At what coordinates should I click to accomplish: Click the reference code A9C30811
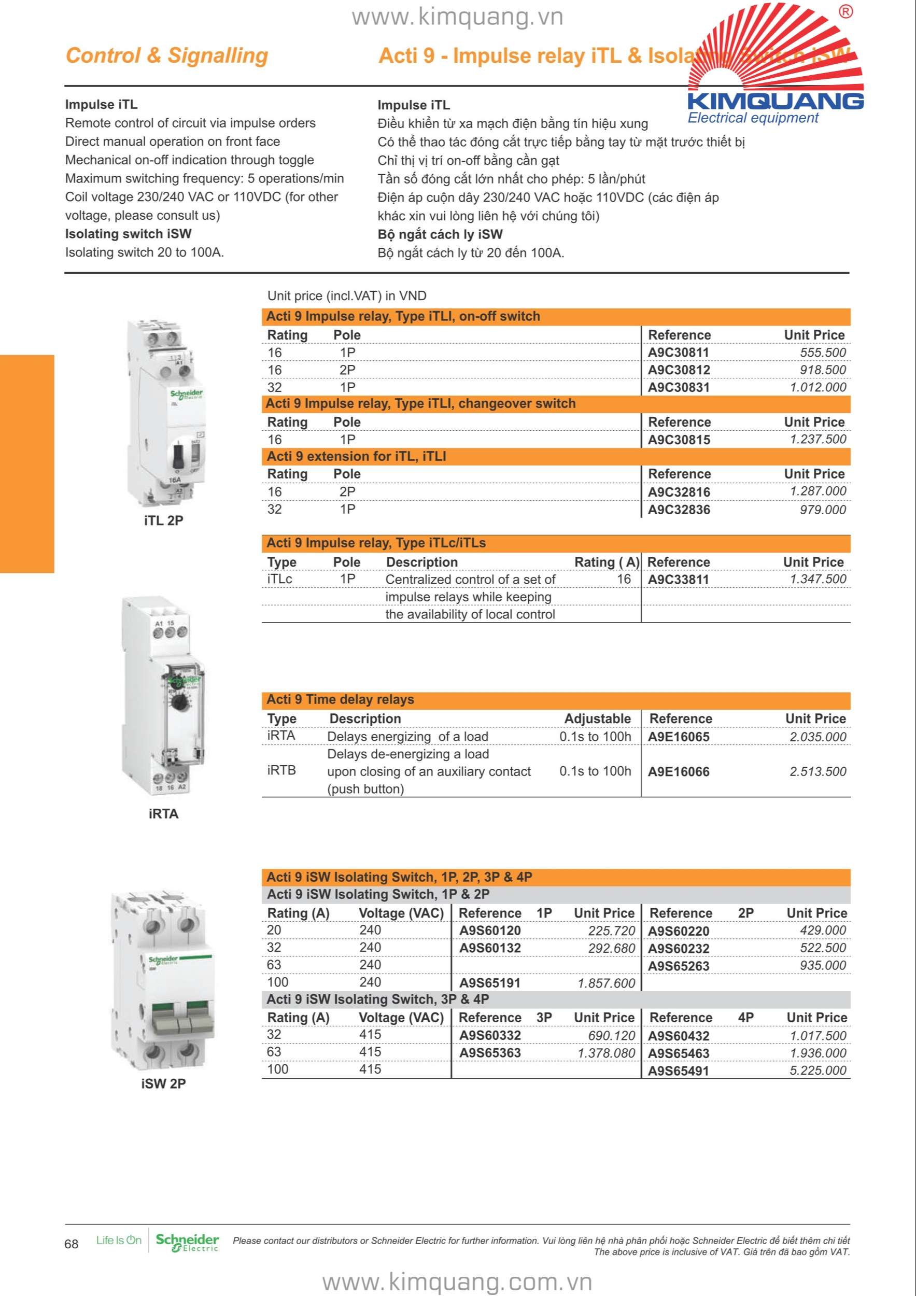pos(679,353)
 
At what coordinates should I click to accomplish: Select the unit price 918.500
pos(822,370)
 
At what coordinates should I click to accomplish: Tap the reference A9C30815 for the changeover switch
pos(679,440)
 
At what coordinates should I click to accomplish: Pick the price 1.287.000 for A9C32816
pos(818,491)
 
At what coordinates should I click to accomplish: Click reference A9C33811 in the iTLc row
pos(679,580)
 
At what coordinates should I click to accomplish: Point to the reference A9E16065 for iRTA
pos(679,737)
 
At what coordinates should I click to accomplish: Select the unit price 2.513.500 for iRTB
pos(818,771)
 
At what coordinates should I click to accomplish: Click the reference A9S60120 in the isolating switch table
pos(490,931)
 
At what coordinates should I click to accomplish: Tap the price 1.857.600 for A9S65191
pos(606,983)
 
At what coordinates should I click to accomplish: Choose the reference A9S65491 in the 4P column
pos(679,1071)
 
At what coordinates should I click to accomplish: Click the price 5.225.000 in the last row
pos(818,1071)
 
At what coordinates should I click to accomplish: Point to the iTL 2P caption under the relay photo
pos(163,520)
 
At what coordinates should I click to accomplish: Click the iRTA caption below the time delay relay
pos(163,814)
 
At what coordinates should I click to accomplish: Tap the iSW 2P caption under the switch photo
pos(163,1084)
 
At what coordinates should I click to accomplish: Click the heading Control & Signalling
pos(167,55)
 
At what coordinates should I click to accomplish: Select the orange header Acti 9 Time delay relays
pos(341,700)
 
